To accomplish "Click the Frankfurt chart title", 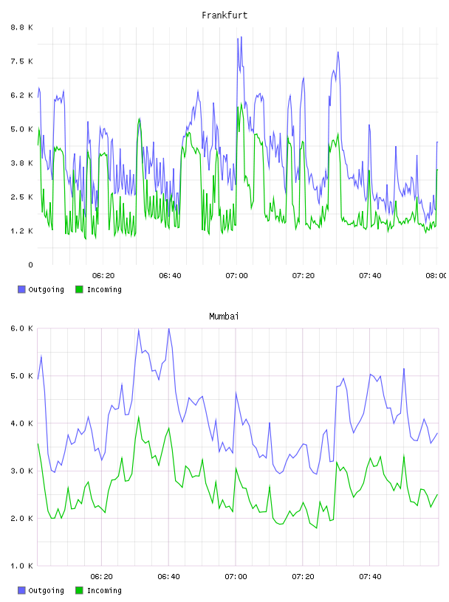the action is tap(224, 15).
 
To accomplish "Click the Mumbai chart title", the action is tap(224, 316).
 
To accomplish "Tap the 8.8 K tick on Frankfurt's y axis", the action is tap(21, 27).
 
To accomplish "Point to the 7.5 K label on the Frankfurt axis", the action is tap(21, 61).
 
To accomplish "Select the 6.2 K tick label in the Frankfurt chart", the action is tap(21, 95).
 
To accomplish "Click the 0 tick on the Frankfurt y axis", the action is tap(30, 265).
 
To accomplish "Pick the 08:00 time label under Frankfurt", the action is tap(436, 276).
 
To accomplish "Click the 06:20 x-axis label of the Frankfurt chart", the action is tap(103, 276).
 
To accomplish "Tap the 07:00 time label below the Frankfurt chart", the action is tap(236, 276).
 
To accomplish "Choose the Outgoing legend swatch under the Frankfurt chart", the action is tap(21, 289).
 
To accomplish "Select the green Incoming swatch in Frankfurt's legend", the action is tap(79, 289).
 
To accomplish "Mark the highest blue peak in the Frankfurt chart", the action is tap(241, 37).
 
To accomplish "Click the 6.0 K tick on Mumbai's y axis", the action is tap(21, 328).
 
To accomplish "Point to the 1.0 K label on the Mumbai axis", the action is tap(21, 566).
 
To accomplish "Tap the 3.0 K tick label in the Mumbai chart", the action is tap(21, 471).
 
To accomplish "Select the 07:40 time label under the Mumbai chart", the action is tap(370, 577).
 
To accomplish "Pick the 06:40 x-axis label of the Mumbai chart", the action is tap(169, 577).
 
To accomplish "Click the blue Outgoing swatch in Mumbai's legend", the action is tap(21, 590).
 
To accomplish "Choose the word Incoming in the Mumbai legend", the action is tap(104, 590).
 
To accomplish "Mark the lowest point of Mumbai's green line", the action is tap(316, 528).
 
